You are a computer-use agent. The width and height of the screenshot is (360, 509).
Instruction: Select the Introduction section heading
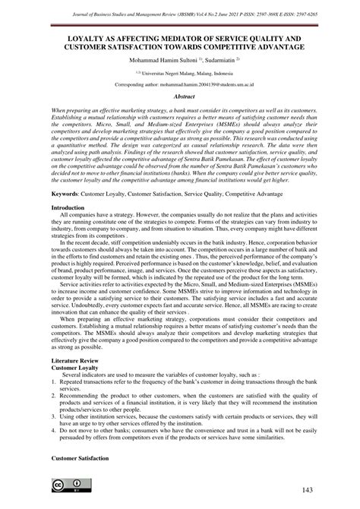pyautogui.click(x=68, y=207)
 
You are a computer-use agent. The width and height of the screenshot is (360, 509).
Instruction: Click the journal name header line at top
pyautogui.click(x=180, y=8)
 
